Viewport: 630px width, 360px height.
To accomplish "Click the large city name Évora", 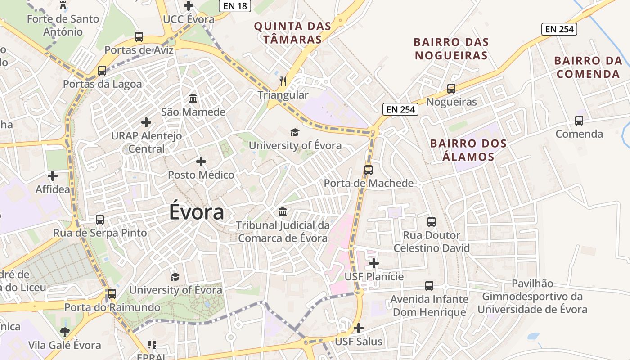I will tap(197, 212).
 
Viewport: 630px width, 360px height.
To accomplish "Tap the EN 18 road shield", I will tap(234, 5).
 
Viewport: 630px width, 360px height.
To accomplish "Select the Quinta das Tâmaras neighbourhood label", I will tap(292, 32).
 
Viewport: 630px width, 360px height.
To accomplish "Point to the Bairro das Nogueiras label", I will tap(451, 49).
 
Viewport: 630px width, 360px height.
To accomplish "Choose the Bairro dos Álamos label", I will tap(468, 150).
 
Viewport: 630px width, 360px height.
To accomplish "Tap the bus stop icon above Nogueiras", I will tap(451, 89).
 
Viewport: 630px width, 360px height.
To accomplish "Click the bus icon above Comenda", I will tap(579, 121).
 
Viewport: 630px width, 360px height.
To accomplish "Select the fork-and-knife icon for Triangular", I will tap(283, 81).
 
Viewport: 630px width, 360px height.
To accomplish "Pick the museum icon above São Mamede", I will tap(193, 98).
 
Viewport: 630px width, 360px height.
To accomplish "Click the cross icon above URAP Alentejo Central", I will tap(146, 122).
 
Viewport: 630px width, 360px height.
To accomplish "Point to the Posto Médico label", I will tap(201, 175).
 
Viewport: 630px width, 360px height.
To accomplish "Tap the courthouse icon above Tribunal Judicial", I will tap(283, 211).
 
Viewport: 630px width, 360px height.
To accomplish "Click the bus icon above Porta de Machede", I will tap(369, 170).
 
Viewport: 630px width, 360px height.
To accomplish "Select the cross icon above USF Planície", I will tap(374, 263).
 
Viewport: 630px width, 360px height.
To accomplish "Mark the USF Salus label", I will tap(359, 342).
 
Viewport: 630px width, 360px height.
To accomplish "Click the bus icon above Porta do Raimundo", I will tap(112, 294).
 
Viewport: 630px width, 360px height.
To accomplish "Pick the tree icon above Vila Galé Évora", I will tap(65, 332).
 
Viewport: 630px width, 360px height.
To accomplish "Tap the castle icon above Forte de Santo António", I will tap(63, 6).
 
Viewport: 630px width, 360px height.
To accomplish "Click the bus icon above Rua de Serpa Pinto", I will tap(100, 220).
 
